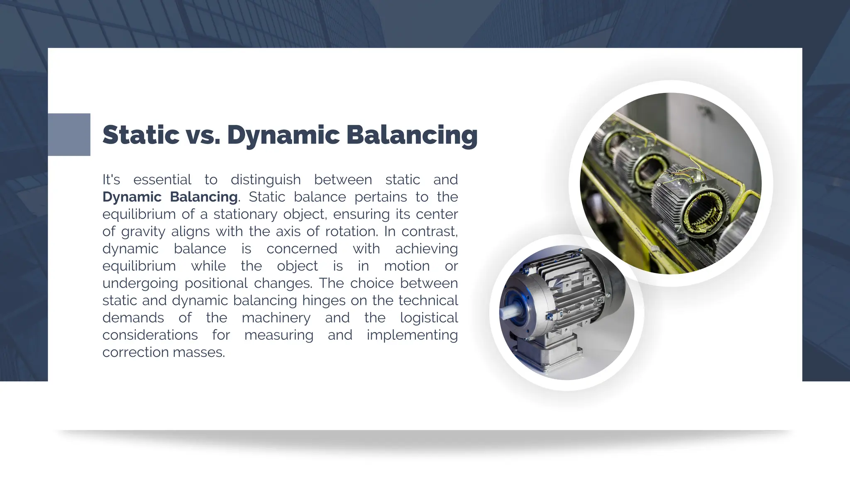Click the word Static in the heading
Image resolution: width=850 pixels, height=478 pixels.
click(x=141, y=135)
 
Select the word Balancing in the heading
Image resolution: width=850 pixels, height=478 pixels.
click(x=412, y=135)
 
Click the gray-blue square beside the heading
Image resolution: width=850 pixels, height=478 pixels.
click(x=69, y=134)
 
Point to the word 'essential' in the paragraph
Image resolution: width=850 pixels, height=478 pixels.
click(x=162, y=180)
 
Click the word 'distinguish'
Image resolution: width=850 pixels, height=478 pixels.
click(x=266, y=180)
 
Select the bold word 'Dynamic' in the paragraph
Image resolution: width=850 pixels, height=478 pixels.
click(x=132, y=197)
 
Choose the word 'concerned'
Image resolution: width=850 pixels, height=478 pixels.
click(x=302, y=249)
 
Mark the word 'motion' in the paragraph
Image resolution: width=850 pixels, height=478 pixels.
click(x=407, y=266)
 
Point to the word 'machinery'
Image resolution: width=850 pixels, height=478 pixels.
click(x=276, y=318)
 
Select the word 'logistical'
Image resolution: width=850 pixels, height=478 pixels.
click(x=429, y=318)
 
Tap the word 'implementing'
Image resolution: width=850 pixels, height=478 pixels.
click(x=412, y=335)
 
